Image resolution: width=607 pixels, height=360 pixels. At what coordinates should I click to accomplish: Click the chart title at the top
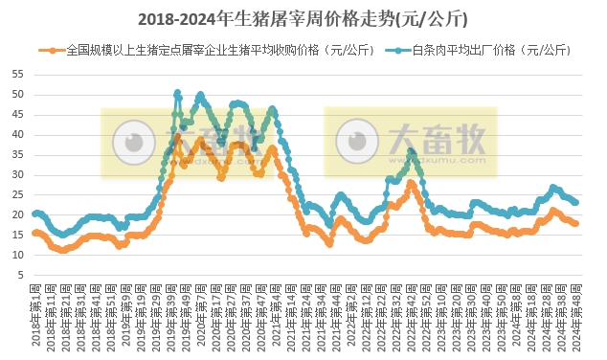pos(303,18)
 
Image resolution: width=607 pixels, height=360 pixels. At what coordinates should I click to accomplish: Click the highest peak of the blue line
pos(178,93)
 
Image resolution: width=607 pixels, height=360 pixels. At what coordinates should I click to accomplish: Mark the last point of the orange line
pos(575,223)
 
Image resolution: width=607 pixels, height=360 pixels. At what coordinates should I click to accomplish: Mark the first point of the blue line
pos(34,214)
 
